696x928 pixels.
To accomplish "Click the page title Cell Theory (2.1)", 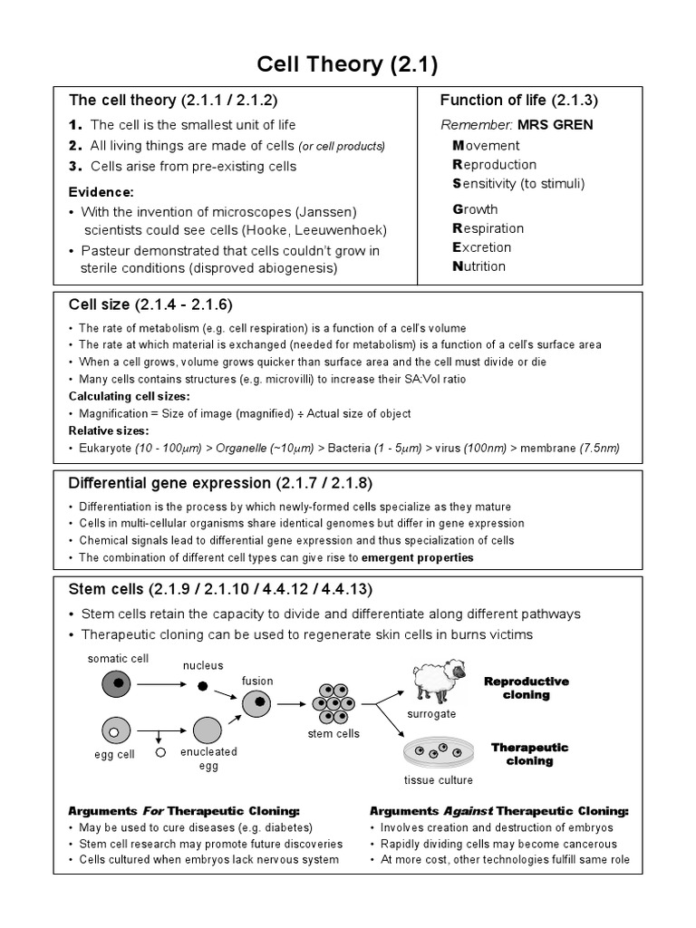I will pyautogui.click(x=348, y=63).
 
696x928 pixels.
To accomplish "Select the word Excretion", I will pyautogui.click(x=482, y=247).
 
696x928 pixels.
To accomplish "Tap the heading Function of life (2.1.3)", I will pyautogui.click(x=518, y=101).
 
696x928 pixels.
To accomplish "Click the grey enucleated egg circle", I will pyautogui.click(x=208, y=730).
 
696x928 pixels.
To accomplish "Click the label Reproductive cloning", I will pyautogui.click(x=527, y=688).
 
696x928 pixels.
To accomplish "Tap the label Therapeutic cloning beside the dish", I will pyautogui.click(x=529, y=754).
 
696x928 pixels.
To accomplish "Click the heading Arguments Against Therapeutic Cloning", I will pyautogui.click(x=498, y=811).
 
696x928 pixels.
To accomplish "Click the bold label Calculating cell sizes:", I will pyautogui.click(x=130, y=396).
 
